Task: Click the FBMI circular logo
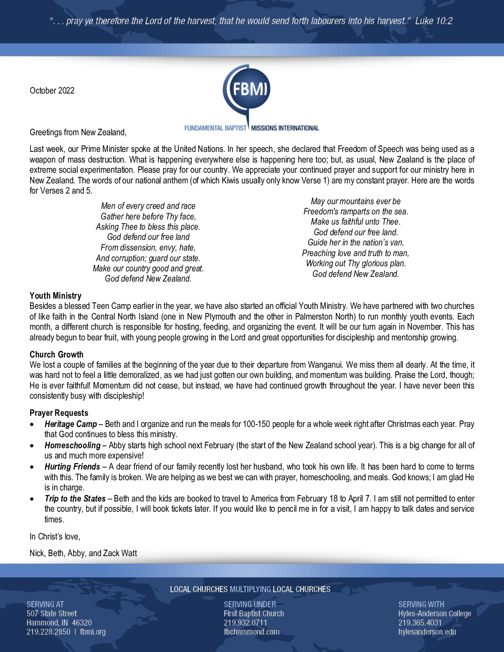[247, 89]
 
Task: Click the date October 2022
[52, 91]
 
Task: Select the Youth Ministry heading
[56, 296]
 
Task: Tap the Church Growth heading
[57, 355]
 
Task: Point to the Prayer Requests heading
[59, 413]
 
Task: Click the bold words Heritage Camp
[71, 424]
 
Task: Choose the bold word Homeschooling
[73, 445]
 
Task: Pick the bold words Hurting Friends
[72, 467]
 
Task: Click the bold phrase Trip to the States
[75, 499]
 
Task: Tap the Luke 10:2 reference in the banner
[434, 21]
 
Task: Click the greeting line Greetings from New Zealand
[78, 132]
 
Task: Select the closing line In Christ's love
[55, 537]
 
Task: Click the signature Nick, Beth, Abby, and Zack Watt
[83, 553]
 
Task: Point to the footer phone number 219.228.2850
[48, 632]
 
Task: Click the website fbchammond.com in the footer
[252, 632]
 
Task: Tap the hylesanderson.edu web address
[427, 632]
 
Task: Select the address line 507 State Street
[51, 614]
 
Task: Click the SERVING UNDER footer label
[250, 604]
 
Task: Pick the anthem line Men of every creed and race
[148, 206]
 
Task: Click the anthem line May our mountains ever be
[356, 201]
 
